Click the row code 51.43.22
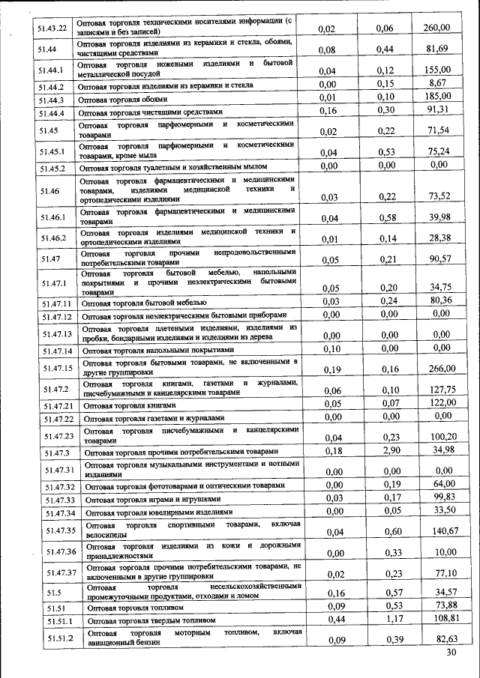(x=52, y=28)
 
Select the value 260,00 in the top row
(x=436, y=28)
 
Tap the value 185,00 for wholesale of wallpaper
(x=436, y=97)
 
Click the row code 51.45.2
(x=53, y=168)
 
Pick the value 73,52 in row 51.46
(x=438, y=196)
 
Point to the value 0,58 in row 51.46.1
(x=386, y=218)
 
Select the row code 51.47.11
(x=57, y=303)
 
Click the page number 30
(x=451, y=653)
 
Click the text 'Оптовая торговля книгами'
(x=129, y=405)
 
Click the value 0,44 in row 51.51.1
(x=331, y=619)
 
